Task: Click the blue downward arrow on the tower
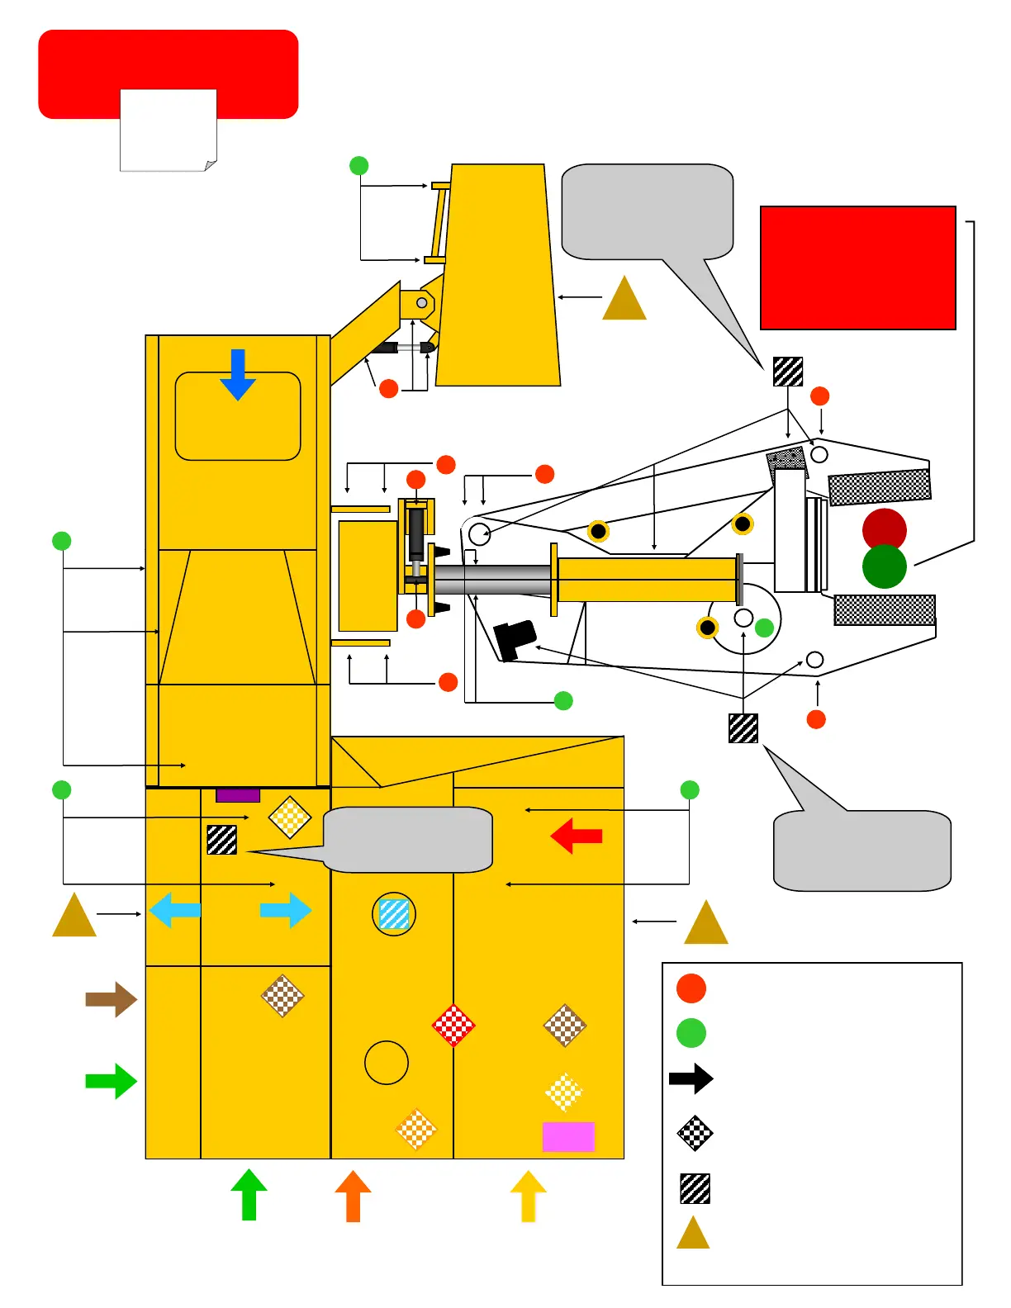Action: (238, 374)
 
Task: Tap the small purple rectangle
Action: (238, 795)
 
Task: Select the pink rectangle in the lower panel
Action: (568, 1136)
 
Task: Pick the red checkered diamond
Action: (453, 1026)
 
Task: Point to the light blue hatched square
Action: (394, 914)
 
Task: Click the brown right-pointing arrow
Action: (112, 999)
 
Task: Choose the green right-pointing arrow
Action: (112, 1081)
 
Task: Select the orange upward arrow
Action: (353, 1195)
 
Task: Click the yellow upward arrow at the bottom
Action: (529, 1195)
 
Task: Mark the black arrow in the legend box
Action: (691, 1078)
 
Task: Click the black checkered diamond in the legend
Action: (695, 1133)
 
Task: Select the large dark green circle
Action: (885, 567)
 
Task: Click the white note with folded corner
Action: (168, 130)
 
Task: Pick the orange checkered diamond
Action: (416, 1130)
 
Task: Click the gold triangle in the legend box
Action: (693, 1234)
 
